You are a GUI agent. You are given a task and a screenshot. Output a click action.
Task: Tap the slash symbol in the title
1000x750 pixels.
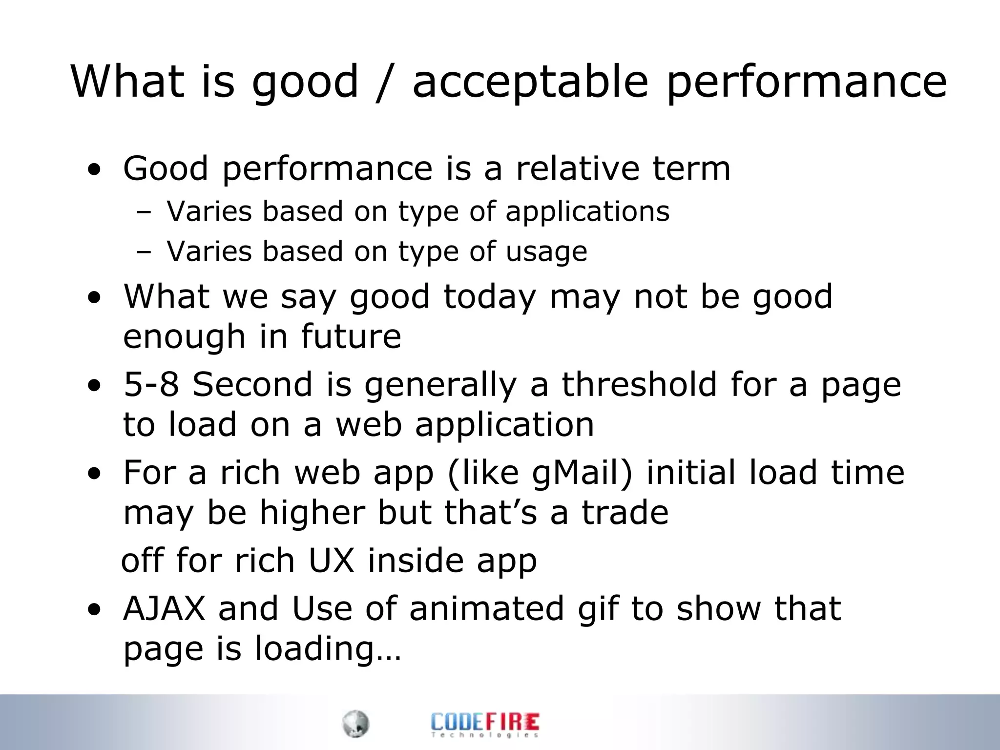click(x=385, y=82)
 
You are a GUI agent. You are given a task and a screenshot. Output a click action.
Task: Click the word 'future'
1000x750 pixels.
click(x=351, y=336)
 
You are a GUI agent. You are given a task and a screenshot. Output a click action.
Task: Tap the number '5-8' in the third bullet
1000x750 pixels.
click(x=151, y=384)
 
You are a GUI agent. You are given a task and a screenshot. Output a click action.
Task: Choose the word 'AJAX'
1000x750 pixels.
click(x=165, y=608)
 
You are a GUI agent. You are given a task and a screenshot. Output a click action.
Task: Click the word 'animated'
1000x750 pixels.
click(x=486, y=608)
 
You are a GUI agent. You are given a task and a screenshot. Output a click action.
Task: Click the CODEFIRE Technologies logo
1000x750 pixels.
click(x=485, y=724)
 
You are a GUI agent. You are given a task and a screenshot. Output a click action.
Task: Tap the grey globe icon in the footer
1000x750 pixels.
click(x=355, y=724)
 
